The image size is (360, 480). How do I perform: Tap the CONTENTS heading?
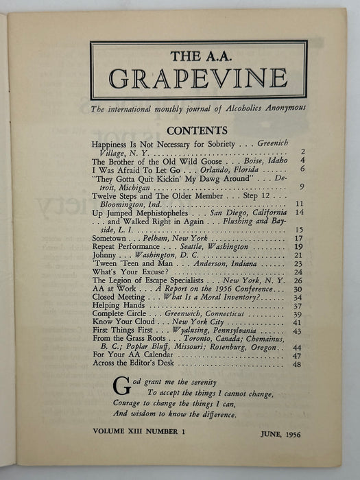197,130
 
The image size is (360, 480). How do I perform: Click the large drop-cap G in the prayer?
119,383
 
